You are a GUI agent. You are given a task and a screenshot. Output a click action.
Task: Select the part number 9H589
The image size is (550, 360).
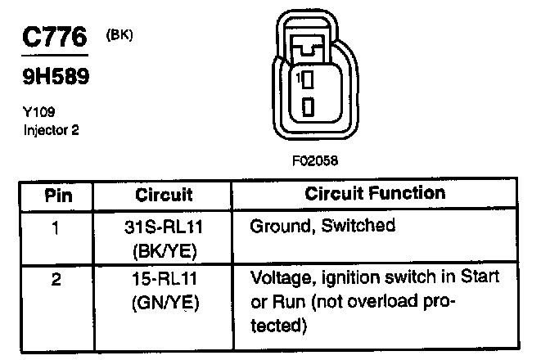pyautogui.click(x=53, y=78)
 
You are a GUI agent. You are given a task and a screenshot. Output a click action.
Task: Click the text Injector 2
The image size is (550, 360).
pyautogui.click(x=51, y=130)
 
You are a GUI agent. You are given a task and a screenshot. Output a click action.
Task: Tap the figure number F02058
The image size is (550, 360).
pyautogui.click(x=313, y=162)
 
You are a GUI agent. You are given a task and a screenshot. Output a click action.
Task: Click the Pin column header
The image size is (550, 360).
pyautogui.click(x=58, y=196)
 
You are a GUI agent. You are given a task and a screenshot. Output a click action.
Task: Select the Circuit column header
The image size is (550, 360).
pyautogui.click(x=165, y=196)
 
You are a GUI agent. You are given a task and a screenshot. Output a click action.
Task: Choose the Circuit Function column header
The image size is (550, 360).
pyautogui.click(x=375, y=194)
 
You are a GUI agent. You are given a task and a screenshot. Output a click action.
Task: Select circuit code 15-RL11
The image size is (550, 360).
pyautogui.click(x=161, y=280)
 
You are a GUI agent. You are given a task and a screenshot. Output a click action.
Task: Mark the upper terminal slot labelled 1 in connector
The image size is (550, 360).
pyautogui.click(x=309, y=79)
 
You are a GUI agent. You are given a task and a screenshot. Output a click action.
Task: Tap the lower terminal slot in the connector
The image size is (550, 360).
pyautogui.click(x=309, y=107)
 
